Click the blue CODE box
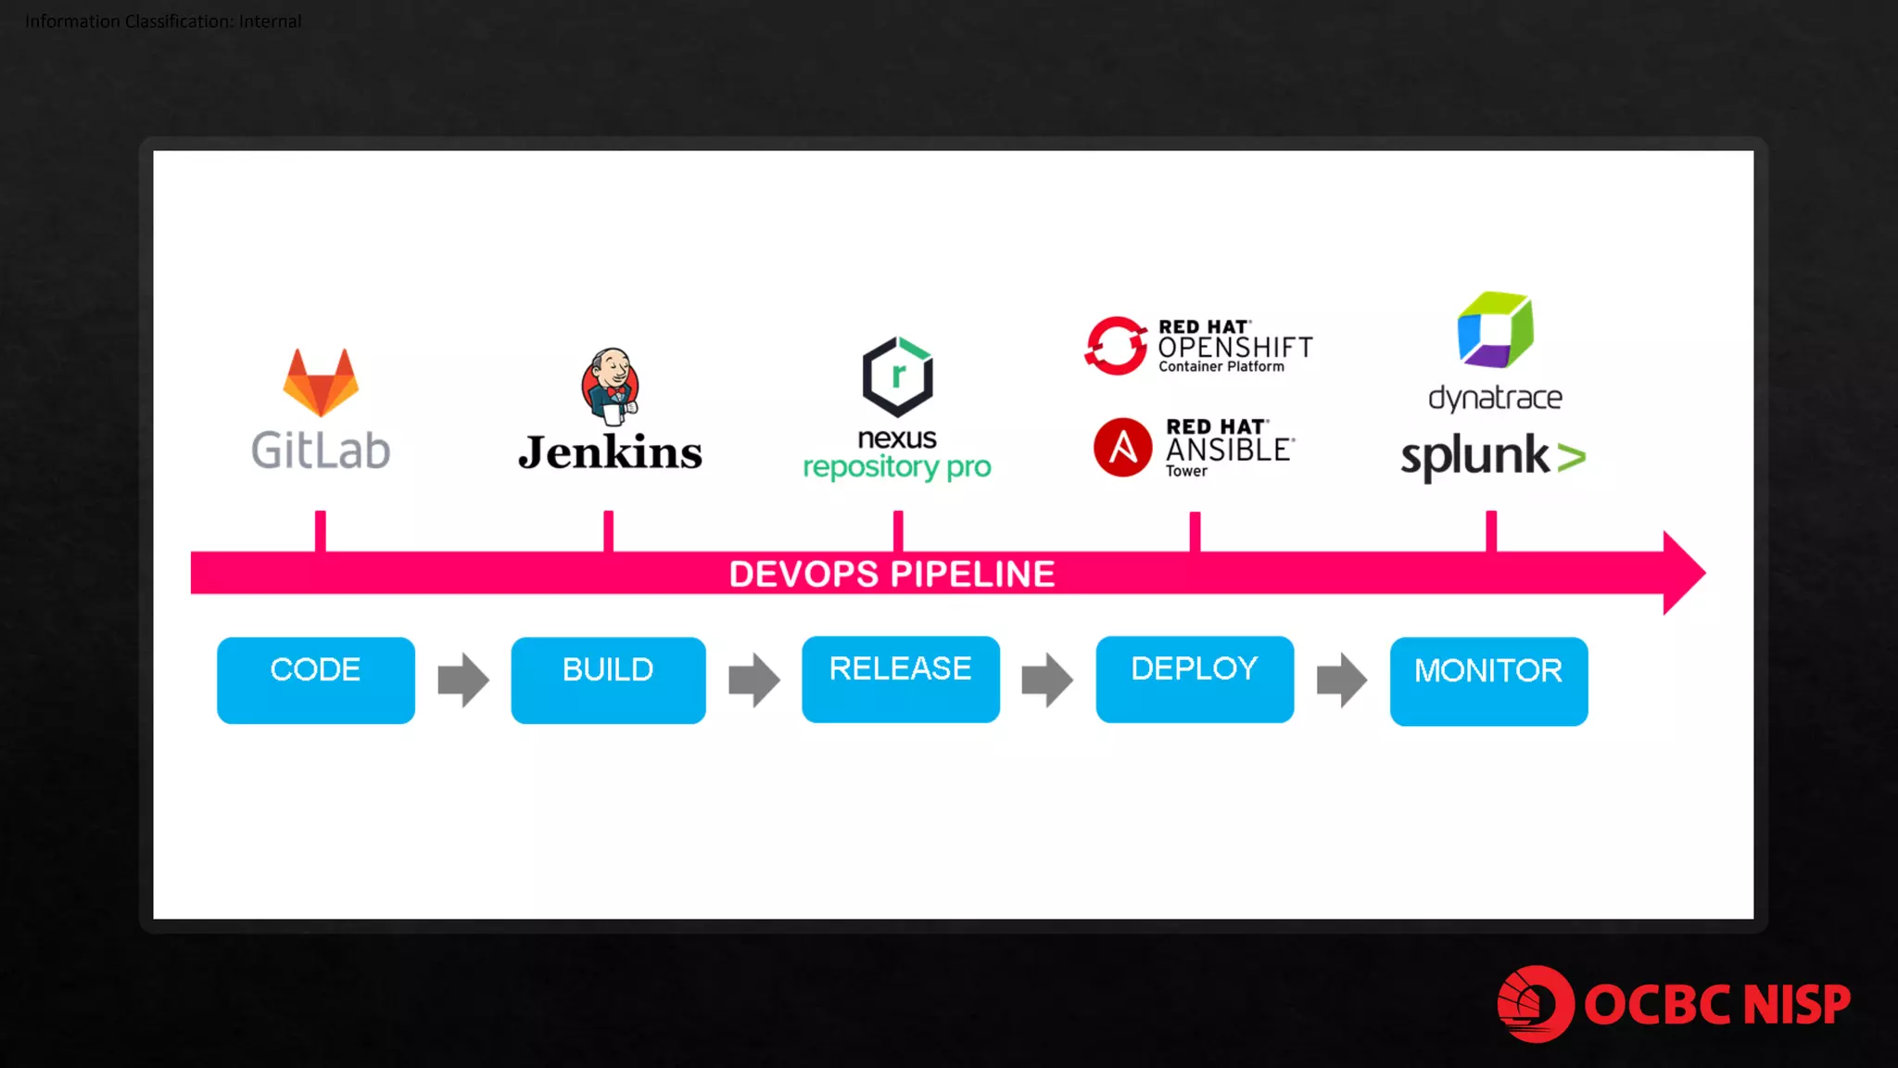point(315,680)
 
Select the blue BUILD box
point(608,680)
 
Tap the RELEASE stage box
point(900,679)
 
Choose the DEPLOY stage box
point(1194,679)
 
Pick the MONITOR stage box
point(1487,680)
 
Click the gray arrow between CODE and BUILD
point(462,680)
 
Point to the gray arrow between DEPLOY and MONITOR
point(1341,680)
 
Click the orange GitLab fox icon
point(321,383)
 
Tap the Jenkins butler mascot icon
point(611,386)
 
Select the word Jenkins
point(610,452)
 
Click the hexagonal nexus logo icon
point(897,376)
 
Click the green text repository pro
point(896,466)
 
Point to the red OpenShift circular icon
point(1116,346)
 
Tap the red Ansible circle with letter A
point(1122,447)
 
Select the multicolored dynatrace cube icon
point(1495,330)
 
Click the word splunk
point(1474,456)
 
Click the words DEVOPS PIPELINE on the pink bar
point(892,574)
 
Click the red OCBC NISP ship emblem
point(1535,1004)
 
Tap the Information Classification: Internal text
point(163,21)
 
